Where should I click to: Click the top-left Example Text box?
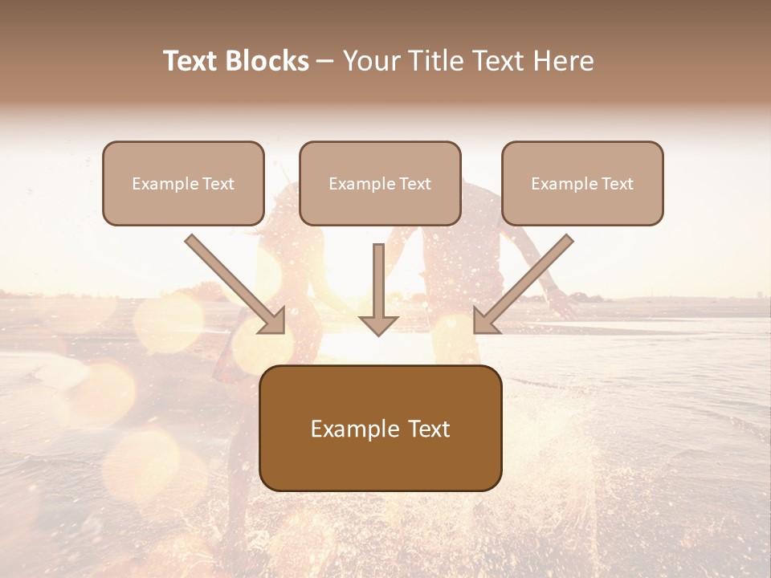[183, 183]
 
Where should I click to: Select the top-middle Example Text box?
[380, 183]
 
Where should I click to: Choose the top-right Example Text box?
[582, 183]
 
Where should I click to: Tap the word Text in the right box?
[617, 184]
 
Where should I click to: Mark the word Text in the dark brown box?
[429, 429]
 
